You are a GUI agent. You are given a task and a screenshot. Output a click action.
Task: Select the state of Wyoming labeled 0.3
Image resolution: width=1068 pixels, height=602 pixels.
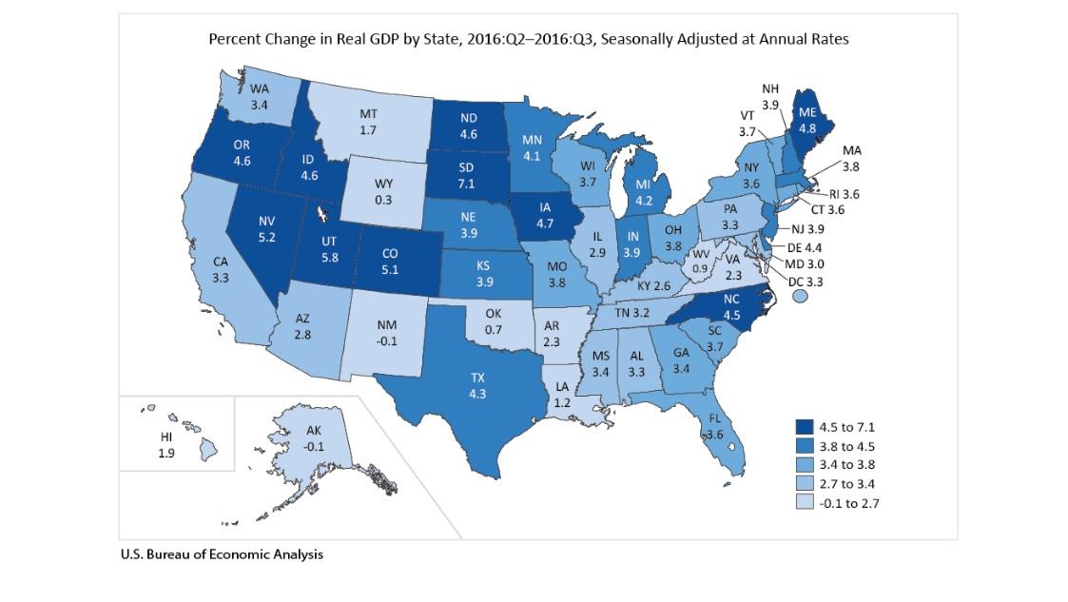pyautogui.click(x=384, y=191)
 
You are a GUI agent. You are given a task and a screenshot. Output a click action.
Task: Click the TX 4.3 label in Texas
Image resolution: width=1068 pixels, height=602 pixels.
pyautogui.click(x=477, y=384)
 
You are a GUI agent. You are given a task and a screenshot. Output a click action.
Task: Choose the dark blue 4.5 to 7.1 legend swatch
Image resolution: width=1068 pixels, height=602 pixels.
pyautogui.click(x=808, y=425)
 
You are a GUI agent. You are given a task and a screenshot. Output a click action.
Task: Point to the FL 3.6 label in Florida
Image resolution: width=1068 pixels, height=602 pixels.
pyautogui.click(x=713, y=426)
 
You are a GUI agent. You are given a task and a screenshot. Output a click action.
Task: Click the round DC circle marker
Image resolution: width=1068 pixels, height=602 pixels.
pyautogui.click(x=799, y=297)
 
